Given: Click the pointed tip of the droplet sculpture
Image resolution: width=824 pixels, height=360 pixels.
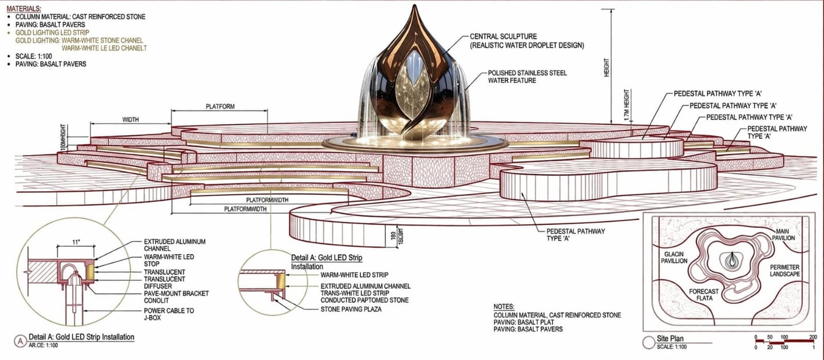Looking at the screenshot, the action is (414, 5).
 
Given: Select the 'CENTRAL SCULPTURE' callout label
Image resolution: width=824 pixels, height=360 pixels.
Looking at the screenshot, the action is (503, 37).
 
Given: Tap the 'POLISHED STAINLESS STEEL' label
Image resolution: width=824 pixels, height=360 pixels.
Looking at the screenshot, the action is (527, 73).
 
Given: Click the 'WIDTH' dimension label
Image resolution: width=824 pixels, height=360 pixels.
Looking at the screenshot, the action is (130, 120).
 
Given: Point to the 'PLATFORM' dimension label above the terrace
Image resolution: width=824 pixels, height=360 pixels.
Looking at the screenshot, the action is (220, 106).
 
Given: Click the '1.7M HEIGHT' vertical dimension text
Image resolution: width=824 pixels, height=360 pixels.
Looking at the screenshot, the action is (627, 105).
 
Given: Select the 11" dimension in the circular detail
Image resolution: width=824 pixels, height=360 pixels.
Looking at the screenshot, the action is (76, 242).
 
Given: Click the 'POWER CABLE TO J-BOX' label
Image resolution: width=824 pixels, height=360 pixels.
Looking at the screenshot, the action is (169, 314).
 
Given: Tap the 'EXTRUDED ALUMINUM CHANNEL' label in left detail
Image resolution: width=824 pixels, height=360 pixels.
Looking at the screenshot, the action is (175, 245).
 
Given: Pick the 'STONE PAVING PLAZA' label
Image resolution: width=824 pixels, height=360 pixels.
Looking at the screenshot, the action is (351, 309).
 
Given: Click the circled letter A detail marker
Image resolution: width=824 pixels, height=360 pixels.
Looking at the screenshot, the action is (20, 341).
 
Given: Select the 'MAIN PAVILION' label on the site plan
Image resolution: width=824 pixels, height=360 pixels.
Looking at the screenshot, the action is (783, 235).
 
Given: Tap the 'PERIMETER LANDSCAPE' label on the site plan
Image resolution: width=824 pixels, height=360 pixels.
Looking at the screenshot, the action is (785, 271).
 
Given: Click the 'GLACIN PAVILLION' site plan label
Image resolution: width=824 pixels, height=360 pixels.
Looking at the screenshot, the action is (674, 258).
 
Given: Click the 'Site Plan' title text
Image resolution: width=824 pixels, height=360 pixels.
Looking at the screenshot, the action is (670, 339).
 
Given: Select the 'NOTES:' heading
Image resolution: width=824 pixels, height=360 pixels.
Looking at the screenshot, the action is (504, 307).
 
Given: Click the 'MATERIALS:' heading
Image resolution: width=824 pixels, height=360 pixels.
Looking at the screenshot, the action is (24, 9).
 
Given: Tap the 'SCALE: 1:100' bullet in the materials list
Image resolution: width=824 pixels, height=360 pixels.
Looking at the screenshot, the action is (33, 56).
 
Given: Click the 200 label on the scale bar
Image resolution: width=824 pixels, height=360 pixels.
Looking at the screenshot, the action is (813, 337).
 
